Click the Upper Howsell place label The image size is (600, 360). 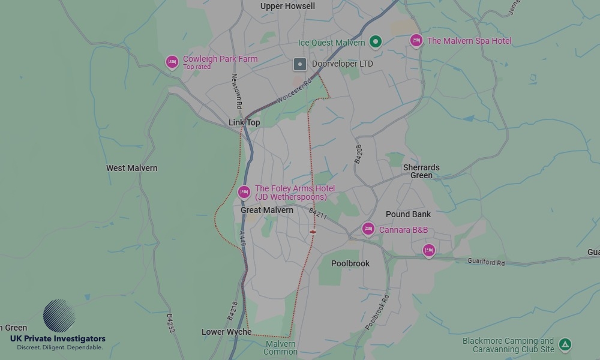(x=287, y=6)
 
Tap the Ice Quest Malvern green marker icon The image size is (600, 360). (x=376, y=41)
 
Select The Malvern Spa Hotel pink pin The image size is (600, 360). (x=416, y=40)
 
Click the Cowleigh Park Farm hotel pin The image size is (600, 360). (x=172, y=62)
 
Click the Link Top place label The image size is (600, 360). (x=244, y=122)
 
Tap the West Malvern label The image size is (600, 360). (x=132, y=168)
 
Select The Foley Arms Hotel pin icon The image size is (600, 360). (x=244, y=192)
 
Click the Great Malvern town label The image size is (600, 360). (x=267, y=210)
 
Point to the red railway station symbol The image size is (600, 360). (x=313, y=231)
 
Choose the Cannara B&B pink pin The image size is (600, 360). (x=368, y=229)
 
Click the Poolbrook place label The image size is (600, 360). (x=350, y=263)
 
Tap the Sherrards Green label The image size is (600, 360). (x=421, y=172)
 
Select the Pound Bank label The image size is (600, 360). (x=408, y=214)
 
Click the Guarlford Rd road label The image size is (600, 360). (x=486, y=262)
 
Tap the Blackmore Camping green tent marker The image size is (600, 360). (x=565, y=345)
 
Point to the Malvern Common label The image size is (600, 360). (x=280, y=348)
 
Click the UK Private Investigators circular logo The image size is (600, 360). (x=59, y=316)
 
